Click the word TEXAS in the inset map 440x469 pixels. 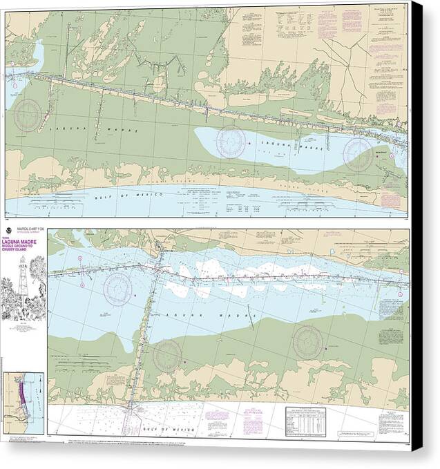pyautogui.click(x=15, y=384)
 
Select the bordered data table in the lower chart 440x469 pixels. pyautogui.click(x=306, y=419)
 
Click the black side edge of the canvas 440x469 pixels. pyautogui.click(x=418, y=235)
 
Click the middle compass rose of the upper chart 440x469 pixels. pyautogui.click(x=230, y=141)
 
